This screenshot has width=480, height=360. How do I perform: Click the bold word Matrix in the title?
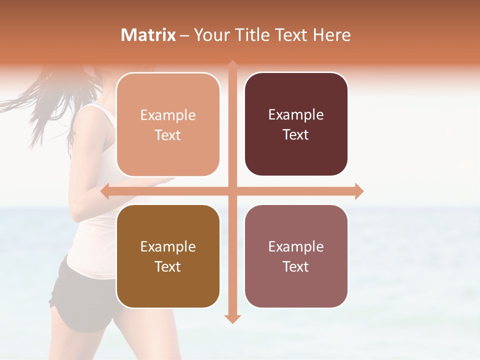pyautogui.click(x=148, y=35)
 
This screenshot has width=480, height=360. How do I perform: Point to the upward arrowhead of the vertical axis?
pyautogui.click(x=232, y=65)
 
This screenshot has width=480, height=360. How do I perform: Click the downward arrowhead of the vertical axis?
pyautogui.click(x=232, y=318)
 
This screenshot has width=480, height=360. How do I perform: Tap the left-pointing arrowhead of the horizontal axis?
pyautogui.click(x=105, y=191)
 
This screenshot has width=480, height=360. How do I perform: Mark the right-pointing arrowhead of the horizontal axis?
pyautogui.click(x=358, y=191)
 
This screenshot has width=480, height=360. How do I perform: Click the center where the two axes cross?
pyautogui.click(x=232, y=191)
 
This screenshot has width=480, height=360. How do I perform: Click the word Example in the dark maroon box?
pyautogui.click(x=296, y=115)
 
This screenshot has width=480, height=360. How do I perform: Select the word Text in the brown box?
pyautogui.click(x=167, y=266)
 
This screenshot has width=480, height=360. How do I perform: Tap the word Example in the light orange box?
pyautogui.click(x=168, y=115)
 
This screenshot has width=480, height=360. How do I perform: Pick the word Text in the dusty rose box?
pyautogui.click(x=295, y=266)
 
